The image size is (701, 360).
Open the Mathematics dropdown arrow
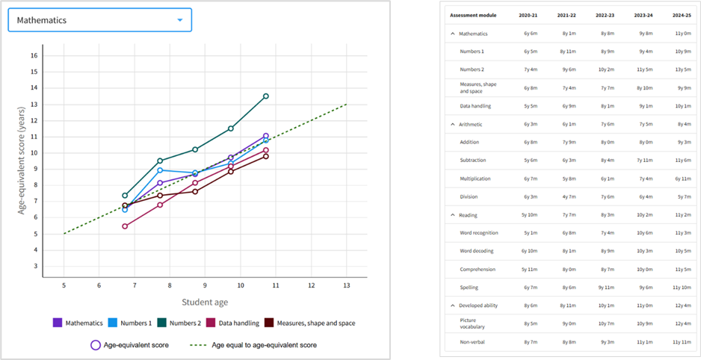(x=179, y=20)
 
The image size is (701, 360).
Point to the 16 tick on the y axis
(x=33, y=55)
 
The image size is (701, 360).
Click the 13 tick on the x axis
(x=345, y=285)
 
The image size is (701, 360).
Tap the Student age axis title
(x=204, y=302)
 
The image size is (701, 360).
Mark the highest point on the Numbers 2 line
(x=265, y=96)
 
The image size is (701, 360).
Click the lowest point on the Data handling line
(x=125, y=226)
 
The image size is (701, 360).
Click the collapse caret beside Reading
(x=451, y=214)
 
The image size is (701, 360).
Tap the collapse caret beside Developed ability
(x=451, y=305)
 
